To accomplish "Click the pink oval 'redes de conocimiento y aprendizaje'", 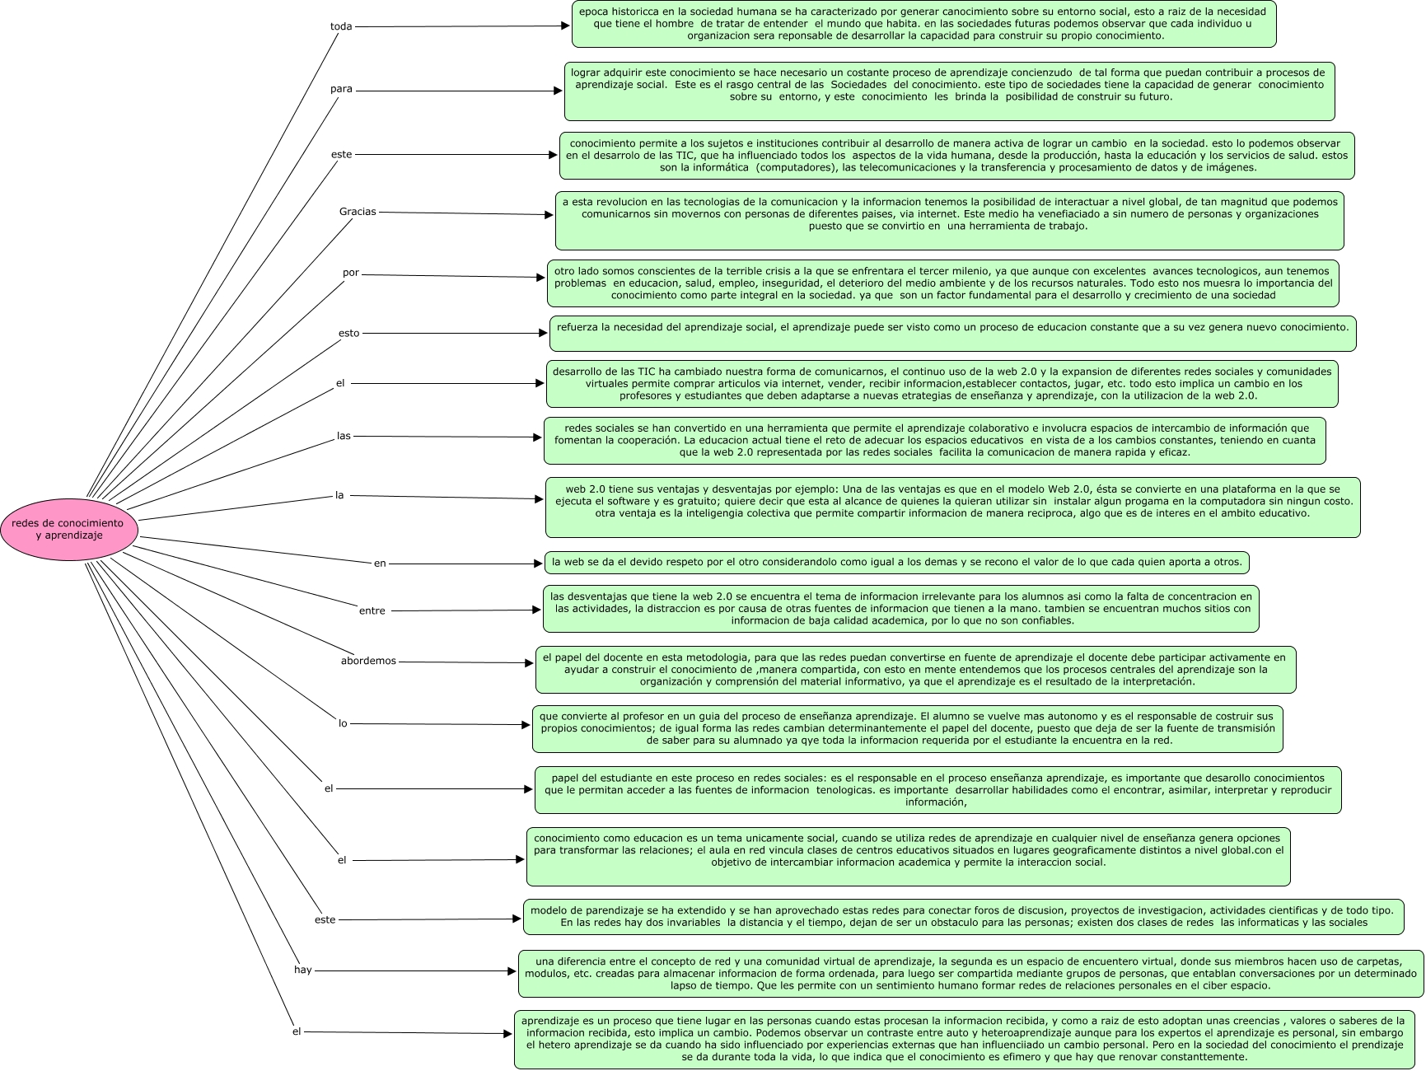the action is coord(68,529).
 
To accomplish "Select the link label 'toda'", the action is coord(341,27).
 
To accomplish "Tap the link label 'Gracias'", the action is coord(358,212).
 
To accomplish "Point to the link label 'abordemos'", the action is coord(368,661).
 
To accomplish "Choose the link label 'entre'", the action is coord(372,610).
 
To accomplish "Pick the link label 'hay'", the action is coord(303,970).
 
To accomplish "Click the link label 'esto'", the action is coord(349,334).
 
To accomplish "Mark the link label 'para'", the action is coord(341,90).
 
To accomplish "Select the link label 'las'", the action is coord(344,436).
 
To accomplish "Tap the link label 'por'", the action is coord(351,273).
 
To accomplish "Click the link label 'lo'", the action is coord(344,723).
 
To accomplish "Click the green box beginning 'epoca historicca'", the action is coord(923,24).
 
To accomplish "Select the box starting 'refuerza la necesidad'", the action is coord(952,334).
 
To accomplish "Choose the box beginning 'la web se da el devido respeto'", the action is coord(896,563).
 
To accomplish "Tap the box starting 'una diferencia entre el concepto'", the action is coord(970,974).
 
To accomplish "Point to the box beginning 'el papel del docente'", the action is coord(915,670).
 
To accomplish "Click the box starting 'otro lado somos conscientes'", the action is coord(942,283).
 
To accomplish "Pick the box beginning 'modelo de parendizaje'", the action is coord(963,917).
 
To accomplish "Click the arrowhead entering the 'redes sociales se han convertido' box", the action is coord(538,437).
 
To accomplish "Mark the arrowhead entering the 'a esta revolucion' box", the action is coord(549,215).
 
